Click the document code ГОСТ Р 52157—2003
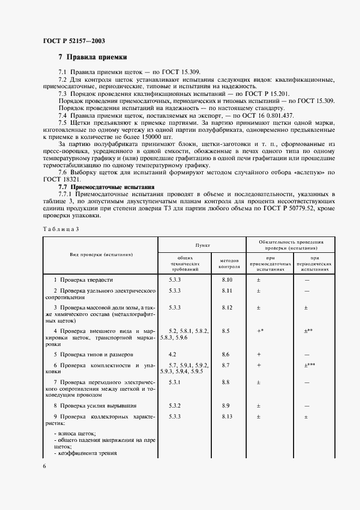pos(74,41)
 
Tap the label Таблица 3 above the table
pos(60,229)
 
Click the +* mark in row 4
pos(260,331)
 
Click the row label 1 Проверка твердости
pos(83,280)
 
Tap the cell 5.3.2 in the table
pos(175,406)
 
